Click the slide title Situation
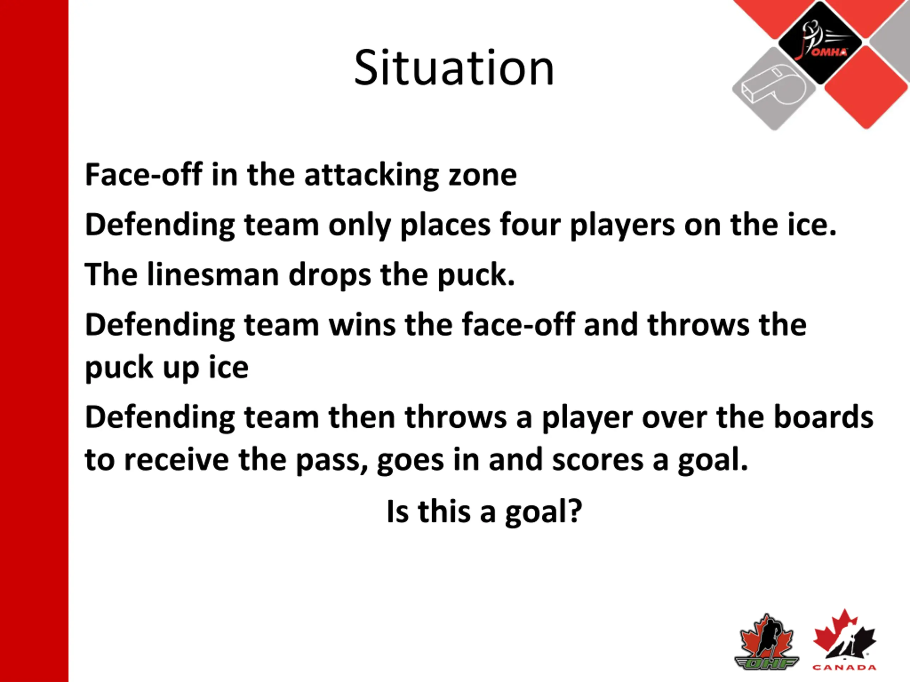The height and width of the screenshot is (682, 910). pyautogui.click(x=454, y=68)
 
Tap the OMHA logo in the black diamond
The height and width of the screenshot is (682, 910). pyautogui.click(x=820, y=41)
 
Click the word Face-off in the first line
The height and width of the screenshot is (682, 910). pyautogui.click(x=144, y=175)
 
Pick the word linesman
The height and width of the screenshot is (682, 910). pyautogui.click(x=213, y=275)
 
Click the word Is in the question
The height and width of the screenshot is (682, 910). pyautogui.click(x=398, y=511)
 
